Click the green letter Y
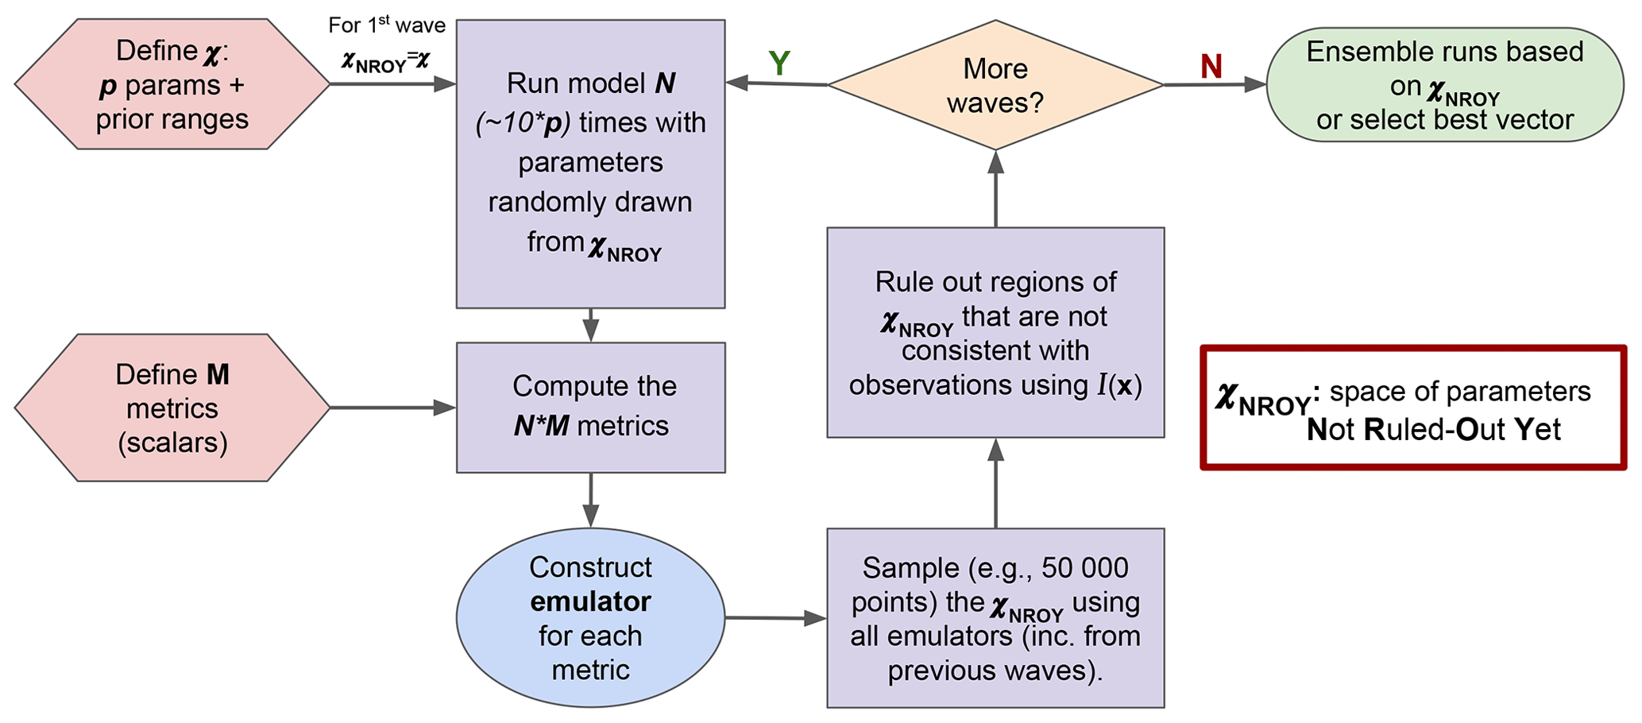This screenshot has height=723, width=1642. [779, 64]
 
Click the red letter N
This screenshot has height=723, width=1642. [1211, 67]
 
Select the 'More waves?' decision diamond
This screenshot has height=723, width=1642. [995, 85]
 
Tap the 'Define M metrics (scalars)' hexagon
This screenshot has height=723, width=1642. [172, 408]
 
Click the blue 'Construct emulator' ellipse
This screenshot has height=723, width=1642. [590, 617]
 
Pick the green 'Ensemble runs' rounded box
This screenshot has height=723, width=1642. [1444, 85]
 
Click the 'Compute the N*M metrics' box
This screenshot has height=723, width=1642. [590, 407]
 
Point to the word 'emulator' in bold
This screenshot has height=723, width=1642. [590, 601]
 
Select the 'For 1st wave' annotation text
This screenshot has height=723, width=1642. [387, 25]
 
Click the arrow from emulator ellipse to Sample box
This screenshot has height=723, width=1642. [775, 618]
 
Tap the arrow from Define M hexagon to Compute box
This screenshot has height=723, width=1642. [392, 408]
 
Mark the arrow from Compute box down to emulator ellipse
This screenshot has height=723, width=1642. [590, 501]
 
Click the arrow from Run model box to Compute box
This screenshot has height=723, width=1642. [590, 325]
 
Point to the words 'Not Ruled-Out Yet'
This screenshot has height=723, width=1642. [1433, 430]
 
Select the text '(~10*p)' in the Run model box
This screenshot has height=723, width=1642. [523, 123]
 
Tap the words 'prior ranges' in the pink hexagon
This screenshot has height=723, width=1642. [172, 120]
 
